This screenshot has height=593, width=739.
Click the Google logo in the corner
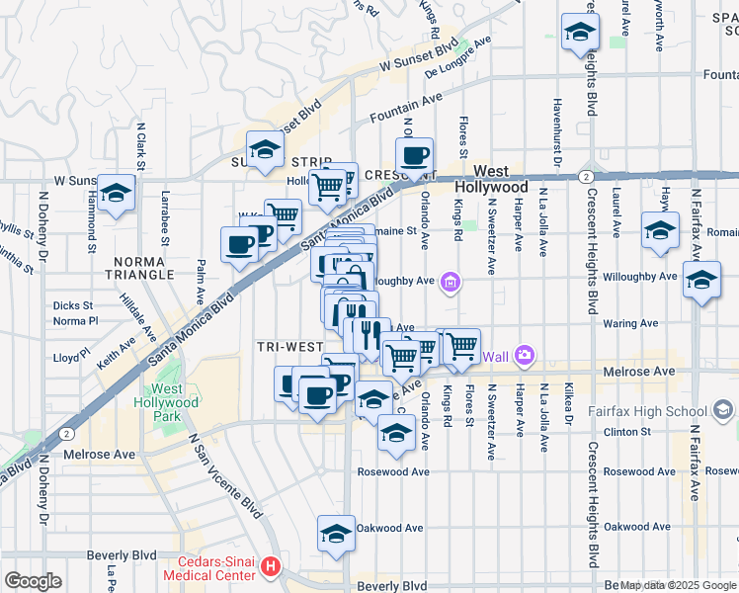33,581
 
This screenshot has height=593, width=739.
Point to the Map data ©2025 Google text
678,585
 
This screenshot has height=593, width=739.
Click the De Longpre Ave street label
457,60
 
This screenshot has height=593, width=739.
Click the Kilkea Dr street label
569,412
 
